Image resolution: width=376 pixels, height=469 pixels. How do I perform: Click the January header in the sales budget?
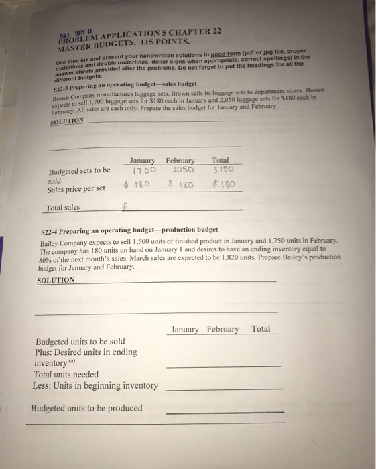coord(142,161)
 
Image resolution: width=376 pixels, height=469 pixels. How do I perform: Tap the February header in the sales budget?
coord(180,161)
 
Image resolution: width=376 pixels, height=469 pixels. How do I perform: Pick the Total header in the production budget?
coord(261,329)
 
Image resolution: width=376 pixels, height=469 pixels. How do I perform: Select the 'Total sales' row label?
coord(62,208)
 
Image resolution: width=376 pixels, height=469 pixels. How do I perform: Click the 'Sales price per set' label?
coord(76,188)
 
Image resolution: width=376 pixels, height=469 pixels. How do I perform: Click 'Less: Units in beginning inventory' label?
coord(95,385)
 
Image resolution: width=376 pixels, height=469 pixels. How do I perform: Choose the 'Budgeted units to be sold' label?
coord(80,341)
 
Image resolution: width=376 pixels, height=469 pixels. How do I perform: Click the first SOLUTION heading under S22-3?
coord(68,121)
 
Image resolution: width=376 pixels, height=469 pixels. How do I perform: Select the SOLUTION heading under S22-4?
coord(56,280)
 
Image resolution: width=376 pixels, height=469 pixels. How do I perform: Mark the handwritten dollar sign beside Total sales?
coord(124,207)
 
